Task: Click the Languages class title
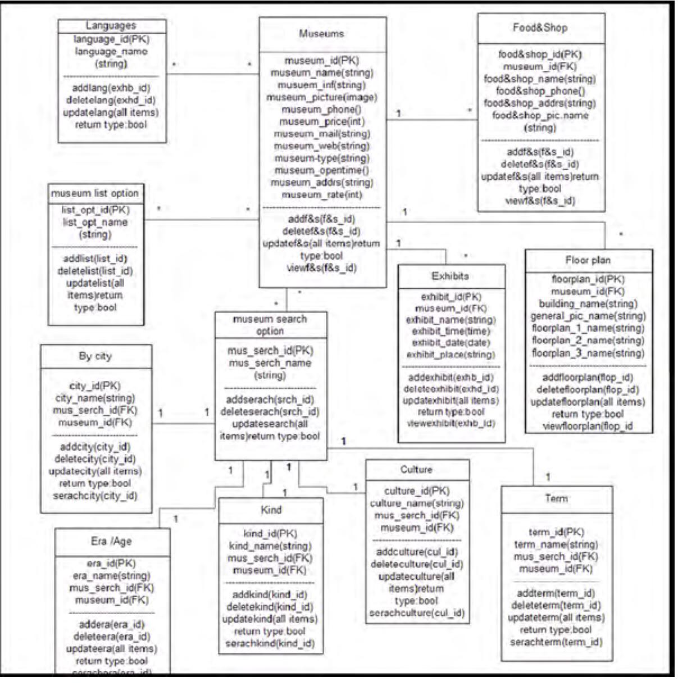111,26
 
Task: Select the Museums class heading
321,34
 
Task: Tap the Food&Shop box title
540,28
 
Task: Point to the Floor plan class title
588,260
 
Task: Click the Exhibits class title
450,276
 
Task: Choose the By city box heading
95,356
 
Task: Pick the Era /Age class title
111,541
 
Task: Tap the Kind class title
271,510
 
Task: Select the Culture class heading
416,470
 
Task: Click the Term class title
556,498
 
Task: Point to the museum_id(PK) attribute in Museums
321,61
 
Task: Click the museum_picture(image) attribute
321,97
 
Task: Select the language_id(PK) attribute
111,39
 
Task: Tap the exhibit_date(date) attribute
451,343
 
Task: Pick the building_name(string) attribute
588,304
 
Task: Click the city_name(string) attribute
95,398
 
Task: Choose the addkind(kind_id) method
270,594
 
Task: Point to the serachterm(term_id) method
556,642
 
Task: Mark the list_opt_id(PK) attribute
95,210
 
